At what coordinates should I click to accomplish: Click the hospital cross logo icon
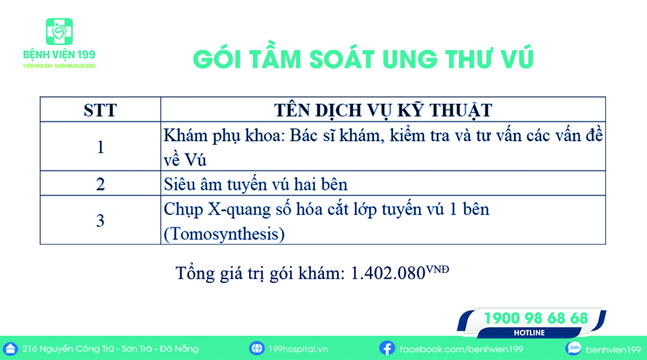[x=59, y=31]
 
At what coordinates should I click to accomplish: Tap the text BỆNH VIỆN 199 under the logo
[x=59, y=54]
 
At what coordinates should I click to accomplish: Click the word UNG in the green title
[x=410, y=59]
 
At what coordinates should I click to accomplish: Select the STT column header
[x=100, y=110]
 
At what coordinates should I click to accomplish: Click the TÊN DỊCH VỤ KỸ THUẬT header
[x=383, y=110]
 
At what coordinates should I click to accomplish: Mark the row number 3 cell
[x=100, y=220]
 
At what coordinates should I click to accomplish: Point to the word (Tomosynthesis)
[x=224, y=234]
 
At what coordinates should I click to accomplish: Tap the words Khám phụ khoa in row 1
[x=224, y=136]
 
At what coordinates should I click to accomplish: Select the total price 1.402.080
[x=388, y=273]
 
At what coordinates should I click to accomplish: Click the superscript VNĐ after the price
[x=438, y=269]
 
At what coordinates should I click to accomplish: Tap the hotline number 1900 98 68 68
[x=536, y=318]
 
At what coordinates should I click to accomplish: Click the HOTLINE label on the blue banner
[x=529, y=333]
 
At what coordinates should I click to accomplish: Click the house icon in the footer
[x=10, y=349]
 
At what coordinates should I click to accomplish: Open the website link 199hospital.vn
[x=298, y=349]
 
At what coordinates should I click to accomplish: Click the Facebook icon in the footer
[x=387, y=348]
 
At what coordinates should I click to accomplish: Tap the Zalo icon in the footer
[x=573, y=348]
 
